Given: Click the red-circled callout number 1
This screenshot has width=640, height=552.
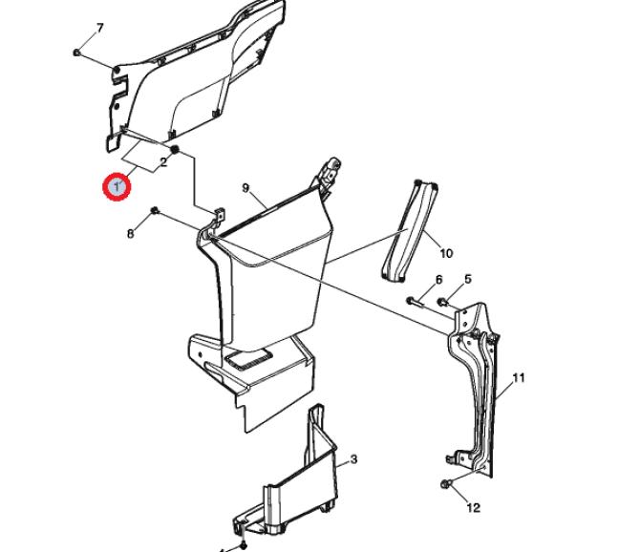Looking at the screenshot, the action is (x=117, y=187).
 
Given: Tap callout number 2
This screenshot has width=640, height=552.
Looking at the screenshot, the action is (x=163, y=162).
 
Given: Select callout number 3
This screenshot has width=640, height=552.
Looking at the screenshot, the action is (x=353, y=459).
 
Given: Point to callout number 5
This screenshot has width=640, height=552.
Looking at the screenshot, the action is (x=468, y=279).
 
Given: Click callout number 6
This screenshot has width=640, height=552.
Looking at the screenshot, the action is (x=438, y=280).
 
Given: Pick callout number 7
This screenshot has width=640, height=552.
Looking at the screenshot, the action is (x=99, y=28).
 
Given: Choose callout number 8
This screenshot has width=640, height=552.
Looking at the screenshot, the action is (x=130, y=234).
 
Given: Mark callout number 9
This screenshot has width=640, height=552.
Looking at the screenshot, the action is (x=245, y=188).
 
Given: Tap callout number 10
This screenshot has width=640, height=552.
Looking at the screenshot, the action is (x=446, y=253).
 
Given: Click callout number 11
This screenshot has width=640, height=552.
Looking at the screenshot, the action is (x=518, y=378).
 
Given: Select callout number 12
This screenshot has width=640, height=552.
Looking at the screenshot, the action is (x=473, y=508).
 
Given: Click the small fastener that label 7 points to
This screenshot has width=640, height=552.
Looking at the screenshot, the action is (x=76, y=53).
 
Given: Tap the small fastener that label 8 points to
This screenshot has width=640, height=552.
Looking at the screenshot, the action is (x=155, y=210).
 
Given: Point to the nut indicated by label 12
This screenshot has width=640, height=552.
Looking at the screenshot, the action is (x=446, y=484).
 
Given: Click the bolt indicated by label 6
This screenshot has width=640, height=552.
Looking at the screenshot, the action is (x=415, y=302).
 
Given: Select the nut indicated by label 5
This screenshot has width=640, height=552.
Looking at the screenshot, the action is (x=442, y=302).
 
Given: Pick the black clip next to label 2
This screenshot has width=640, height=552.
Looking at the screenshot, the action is (x=175, y=149).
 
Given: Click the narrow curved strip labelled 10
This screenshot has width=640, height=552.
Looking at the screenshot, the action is (x=410, y=231).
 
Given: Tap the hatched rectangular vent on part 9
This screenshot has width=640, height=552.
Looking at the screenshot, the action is (x=246, y=358).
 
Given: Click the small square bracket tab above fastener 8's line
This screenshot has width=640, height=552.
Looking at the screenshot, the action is (x=220, y=215).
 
